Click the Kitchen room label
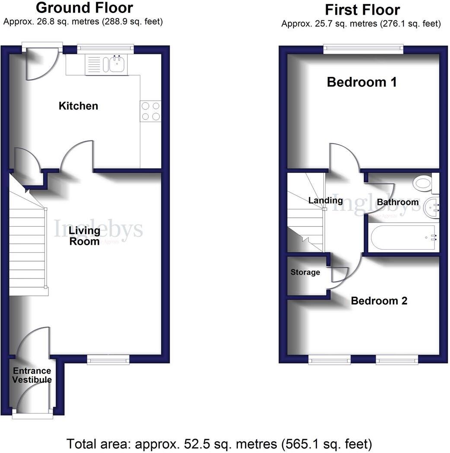78,106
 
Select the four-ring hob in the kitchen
150,111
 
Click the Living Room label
85,236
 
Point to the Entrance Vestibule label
32,375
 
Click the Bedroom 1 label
361,82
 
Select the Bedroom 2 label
379,301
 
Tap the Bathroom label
397,202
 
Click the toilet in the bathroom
422,183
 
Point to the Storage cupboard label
305,272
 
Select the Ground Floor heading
84,7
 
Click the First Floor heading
362,9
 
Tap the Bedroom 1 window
363,49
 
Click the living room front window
108,359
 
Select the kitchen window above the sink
105,49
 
